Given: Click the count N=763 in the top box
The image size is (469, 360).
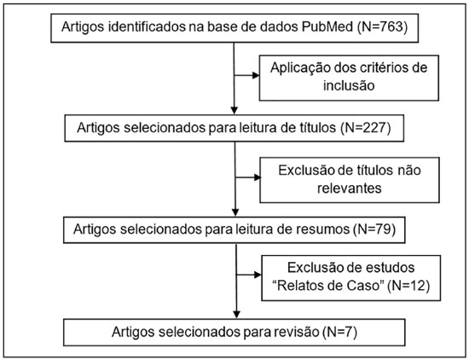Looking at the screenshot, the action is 382,27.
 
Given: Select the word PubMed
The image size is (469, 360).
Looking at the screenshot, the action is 327,27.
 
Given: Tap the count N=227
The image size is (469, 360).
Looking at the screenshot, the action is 366,128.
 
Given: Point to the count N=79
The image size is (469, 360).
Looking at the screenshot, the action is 374,229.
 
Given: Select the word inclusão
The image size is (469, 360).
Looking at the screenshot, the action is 349,86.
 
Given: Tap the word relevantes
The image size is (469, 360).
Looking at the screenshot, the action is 350,189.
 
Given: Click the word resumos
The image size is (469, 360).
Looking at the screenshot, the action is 323,229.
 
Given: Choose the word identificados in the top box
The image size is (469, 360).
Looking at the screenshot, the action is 147,27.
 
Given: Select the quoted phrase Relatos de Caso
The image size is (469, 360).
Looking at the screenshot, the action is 328,286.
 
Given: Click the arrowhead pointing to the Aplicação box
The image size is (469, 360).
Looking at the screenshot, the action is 256,75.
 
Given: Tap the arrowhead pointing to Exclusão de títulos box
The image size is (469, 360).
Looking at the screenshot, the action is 258,177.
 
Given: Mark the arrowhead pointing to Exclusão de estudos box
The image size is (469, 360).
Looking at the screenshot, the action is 258,275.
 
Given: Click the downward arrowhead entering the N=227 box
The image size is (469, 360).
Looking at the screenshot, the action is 234,110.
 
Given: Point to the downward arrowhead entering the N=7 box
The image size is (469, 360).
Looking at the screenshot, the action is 236,315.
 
